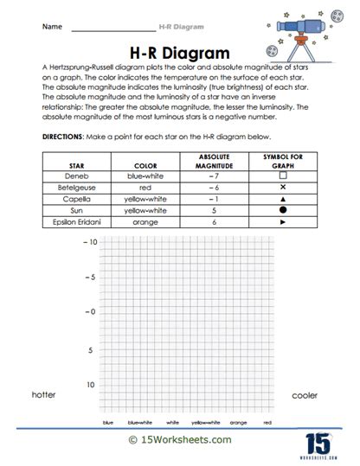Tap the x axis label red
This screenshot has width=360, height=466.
click(x=267, y=423)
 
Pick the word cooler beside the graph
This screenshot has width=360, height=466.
click(x=305, y=395)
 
